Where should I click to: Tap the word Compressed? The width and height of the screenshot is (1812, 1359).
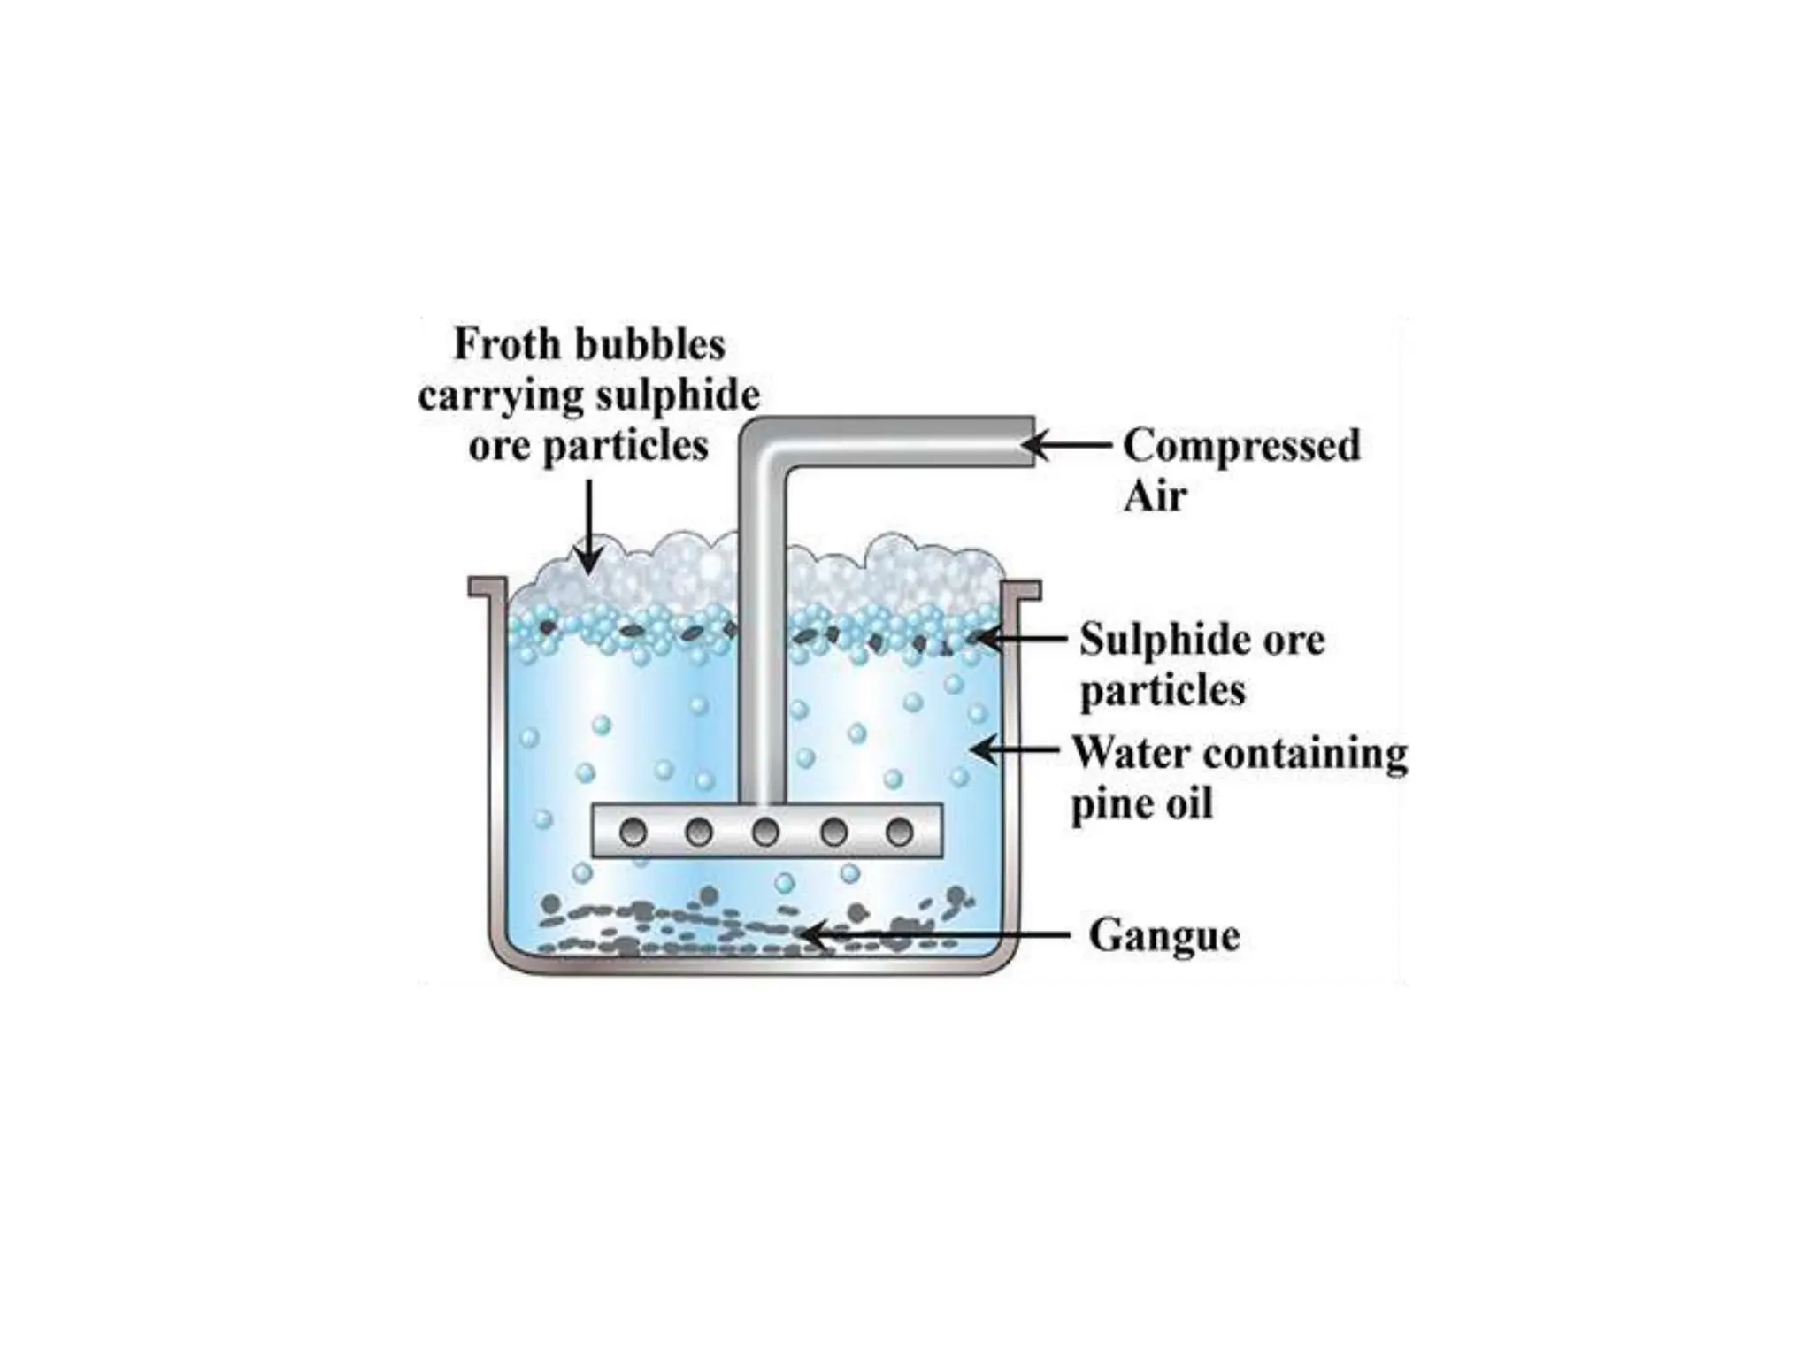pos(1241,445)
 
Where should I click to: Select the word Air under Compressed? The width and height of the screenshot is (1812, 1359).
pos(1154,496)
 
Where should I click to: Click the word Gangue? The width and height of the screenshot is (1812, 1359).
pos(1163,935)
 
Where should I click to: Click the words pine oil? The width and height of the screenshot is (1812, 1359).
pos(1141,805)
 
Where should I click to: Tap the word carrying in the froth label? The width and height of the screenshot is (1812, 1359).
pos(500,395)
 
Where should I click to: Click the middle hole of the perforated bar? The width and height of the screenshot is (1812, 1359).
pos(765,833)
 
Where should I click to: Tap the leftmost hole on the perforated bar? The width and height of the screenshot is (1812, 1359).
pos(633,833)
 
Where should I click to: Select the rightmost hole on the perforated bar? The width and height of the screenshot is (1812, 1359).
pos(899,833)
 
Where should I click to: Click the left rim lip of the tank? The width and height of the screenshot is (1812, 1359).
pos(487,587)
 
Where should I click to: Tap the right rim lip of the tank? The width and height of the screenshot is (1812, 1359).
pos(1022,588)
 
